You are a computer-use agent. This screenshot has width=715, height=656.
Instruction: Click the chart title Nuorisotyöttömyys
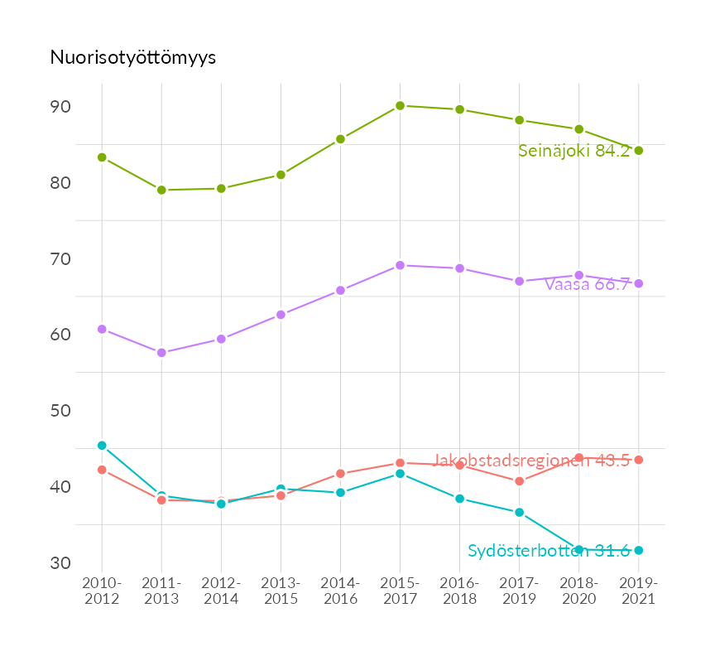(133, 57)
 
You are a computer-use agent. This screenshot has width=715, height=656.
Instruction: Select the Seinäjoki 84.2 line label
(573, 151)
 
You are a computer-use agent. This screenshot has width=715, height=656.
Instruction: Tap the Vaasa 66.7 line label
(587, 284)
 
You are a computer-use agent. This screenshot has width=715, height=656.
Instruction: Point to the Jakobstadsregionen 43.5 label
(530, 461)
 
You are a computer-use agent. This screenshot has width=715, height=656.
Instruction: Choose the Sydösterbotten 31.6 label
(549, 551)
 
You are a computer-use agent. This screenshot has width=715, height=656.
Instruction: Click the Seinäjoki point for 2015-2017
(400, 105)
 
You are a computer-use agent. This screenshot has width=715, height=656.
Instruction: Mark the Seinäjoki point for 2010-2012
(102, 157)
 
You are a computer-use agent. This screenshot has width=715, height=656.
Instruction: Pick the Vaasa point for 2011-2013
(161, 353)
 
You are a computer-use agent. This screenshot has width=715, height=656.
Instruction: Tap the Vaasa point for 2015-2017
(400, 265)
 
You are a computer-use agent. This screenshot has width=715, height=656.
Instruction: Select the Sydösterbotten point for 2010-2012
(102, 446)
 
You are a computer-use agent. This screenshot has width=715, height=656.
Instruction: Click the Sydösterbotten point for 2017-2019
(519, 513)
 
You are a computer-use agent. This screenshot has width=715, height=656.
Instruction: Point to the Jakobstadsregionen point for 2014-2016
(340, 474)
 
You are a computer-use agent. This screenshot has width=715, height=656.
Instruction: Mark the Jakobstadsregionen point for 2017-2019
(519, 481)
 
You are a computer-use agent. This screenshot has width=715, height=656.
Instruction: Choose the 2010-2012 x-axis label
(102, 591)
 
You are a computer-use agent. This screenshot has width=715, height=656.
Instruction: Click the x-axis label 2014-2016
(340, 591)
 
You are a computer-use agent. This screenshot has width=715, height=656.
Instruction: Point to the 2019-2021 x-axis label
(638, 591)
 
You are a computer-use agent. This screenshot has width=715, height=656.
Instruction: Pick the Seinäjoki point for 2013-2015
(281, 175)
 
